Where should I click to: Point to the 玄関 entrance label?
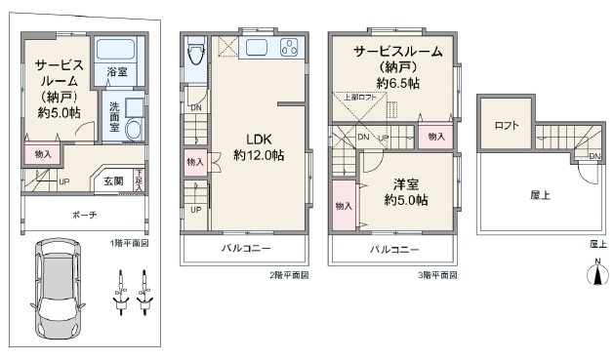113,180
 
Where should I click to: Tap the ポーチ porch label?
84,215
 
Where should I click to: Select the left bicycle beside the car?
122,293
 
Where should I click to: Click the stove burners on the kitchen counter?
290,48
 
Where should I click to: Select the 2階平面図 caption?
291,276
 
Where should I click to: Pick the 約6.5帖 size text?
397,83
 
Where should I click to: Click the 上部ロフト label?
359,97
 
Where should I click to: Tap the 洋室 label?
406,183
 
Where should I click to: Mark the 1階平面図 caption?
130,241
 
